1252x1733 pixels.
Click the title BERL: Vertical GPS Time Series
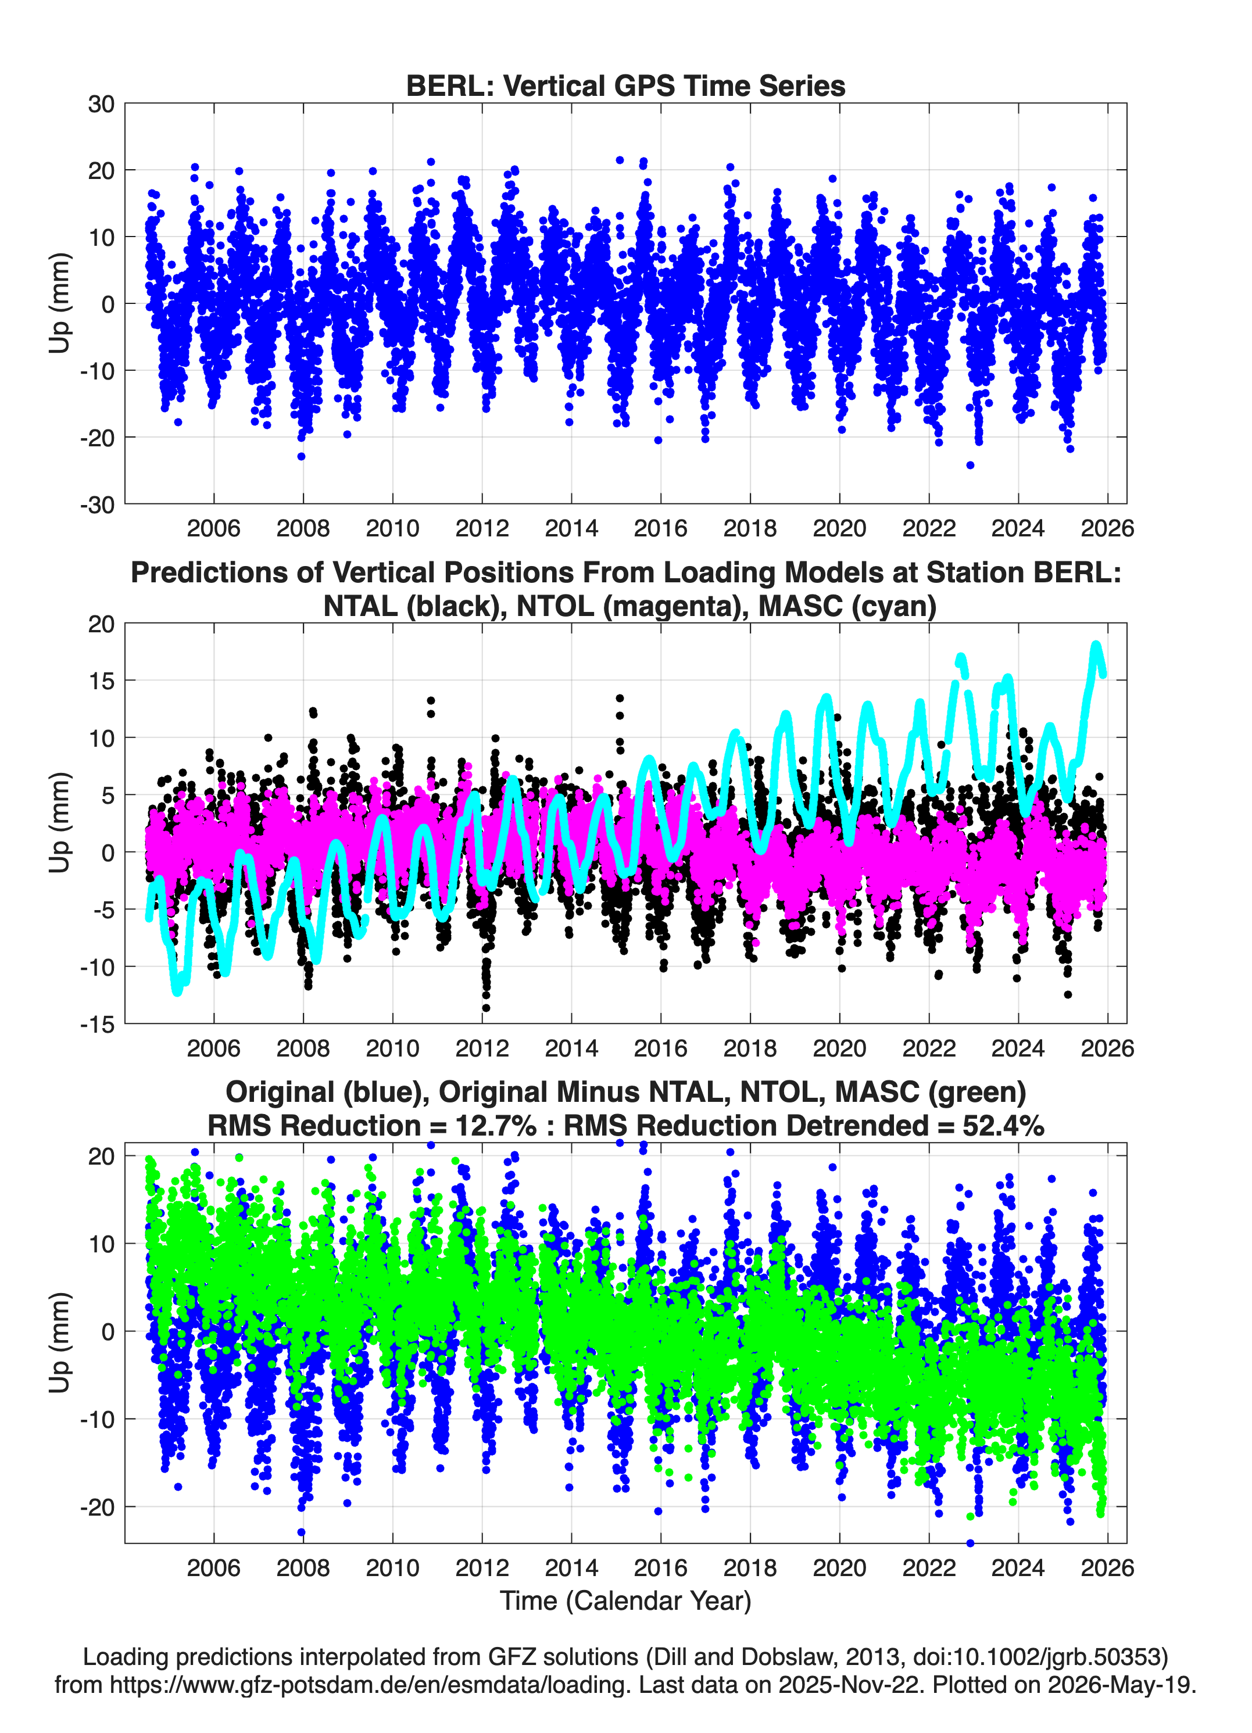point(625,85)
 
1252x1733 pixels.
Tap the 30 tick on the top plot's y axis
point(101,104)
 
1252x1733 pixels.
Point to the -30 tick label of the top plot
point(97,504)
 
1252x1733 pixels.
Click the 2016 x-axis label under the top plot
point(660,528)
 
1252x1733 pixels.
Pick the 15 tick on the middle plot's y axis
point(101,681)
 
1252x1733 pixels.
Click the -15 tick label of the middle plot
point(97,1024)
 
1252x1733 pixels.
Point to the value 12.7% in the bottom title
point(496,1126)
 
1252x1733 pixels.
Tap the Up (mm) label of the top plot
point(60,303)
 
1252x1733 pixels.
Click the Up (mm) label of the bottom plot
point(60,1342)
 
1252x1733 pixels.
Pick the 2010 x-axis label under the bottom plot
point(392,1567)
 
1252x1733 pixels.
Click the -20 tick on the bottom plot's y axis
point(97,1507)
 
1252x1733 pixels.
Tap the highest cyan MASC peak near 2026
point(1096,646)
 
